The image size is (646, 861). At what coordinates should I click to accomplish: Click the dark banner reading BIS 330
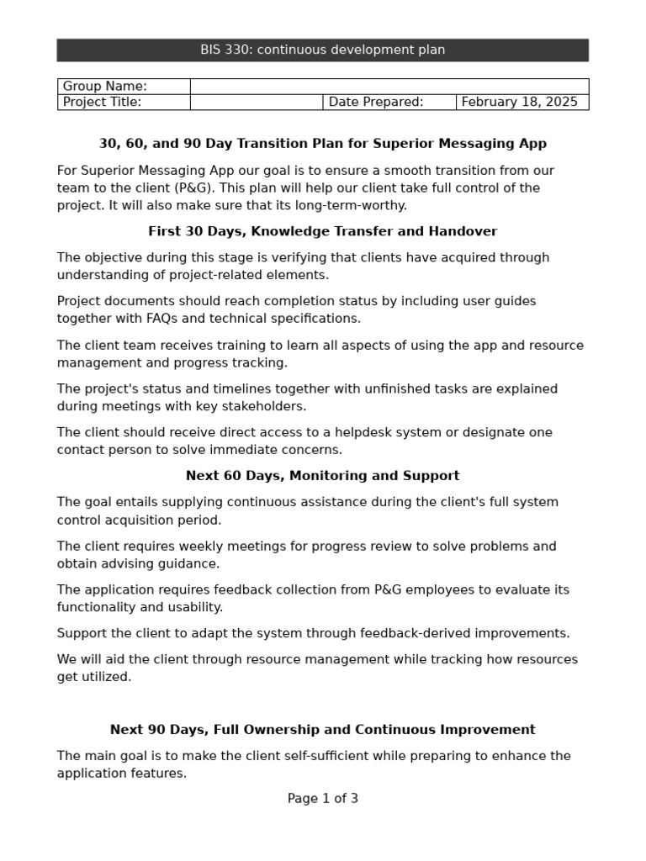(x=322, y=50)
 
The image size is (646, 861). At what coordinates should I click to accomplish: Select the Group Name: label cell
(x=124, y=87)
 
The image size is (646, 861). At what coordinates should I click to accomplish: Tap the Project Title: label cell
(x=124, y=103)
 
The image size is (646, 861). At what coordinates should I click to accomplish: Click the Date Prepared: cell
(x=389, y=103)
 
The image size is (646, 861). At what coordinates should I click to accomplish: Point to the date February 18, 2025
(x=519, y=103)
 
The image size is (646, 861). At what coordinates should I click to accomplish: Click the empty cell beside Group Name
(x=389, y=87)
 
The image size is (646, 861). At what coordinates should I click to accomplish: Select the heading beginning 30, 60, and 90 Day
(x=322, y=144)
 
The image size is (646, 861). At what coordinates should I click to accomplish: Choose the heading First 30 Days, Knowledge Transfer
(x=322, y=231)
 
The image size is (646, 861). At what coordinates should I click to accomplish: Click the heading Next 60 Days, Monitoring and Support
(x=322, y=476)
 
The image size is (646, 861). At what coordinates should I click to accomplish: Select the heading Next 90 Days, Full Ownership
(x=322, y=730)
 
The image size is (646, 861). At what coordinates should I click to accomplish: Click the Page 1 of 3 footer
(x=322, y=799)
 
